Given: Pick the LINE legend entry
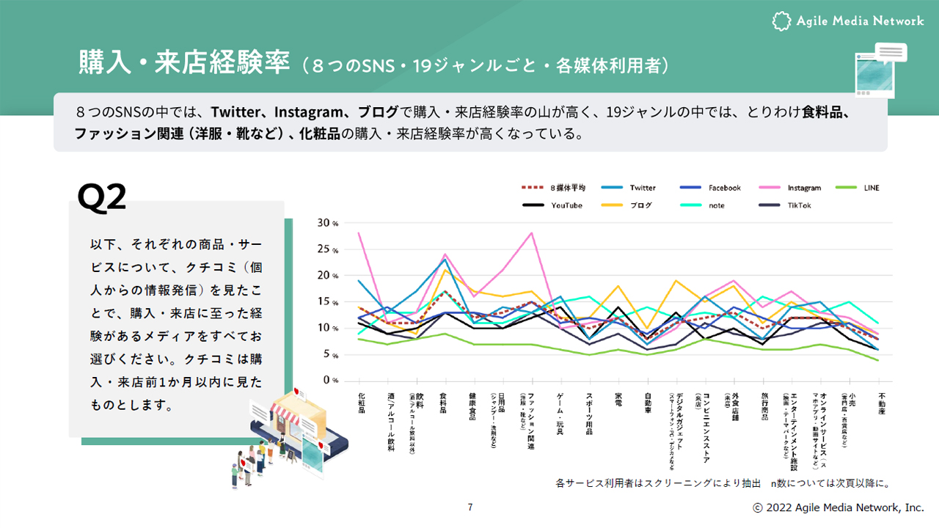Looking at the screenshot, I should point(872,188).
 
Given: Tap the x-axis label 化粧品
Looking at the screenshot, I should point(361,403).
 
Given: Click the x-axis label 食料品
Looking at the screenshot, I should point(445,403).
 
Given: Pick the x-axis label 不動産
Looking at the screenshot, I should point(878,403).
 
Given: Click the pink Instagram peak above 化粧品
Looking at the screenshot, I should point(359,233).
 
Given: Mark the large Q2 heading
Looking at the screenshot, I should point(102,197).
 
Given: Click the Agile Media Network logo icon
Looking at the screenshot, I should point(782,21).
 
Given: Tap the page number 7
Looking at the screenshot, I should point(470,507).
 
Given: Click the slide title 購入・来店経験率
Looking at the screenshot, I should point(184,64).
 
